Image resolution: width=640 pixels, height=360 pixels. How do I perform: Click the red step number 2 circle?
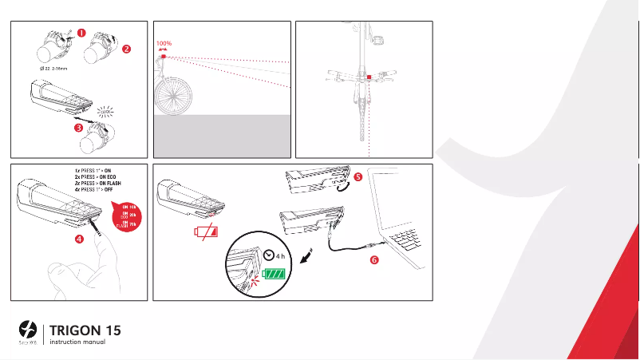pos(126,49)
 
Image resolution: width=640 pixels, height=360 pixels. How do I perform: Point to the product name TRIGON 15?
pos(85,330)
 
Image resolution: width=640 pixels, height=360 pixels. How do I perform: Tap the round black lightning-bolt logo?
pos(26,329)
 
